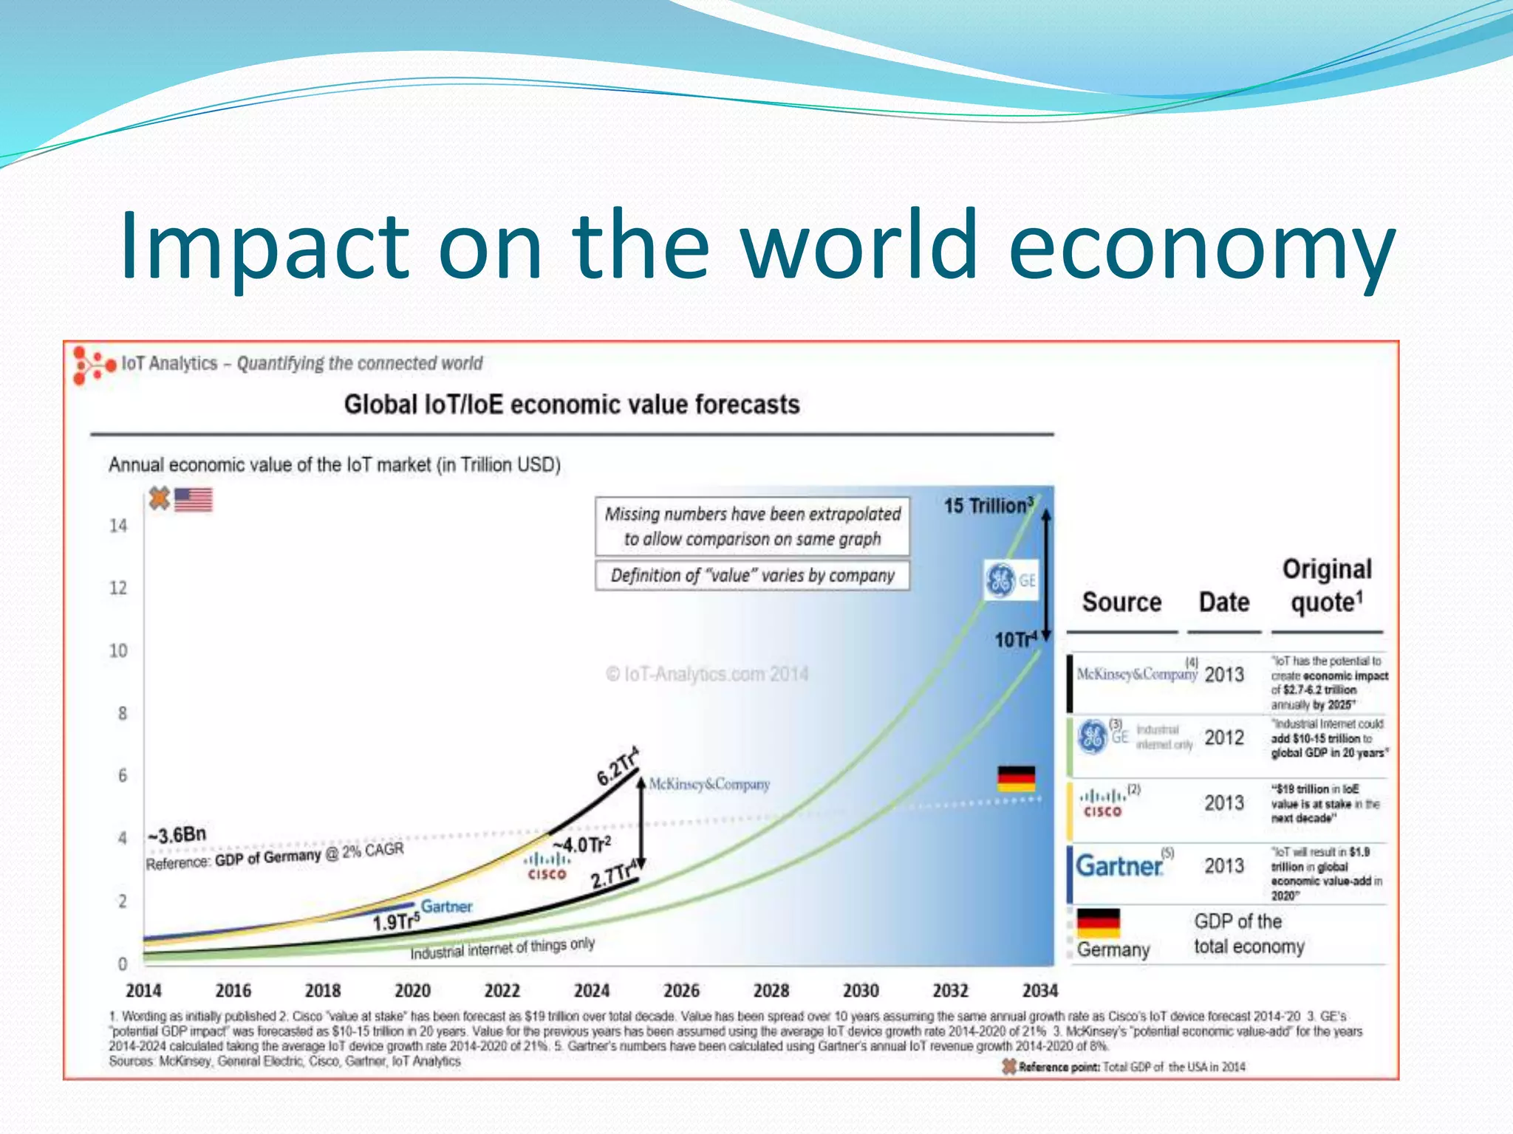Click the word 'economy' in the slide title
(1202, 247)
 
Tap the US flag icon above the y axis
(194, 500)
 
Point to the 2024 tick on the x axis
(591, 991)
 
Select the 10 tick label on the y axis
(118, 650)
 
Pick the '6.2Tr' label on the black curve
(618, 767)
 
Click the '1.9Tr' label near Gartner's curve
(395, 921)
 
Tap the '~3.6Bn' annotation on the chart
(177, 835)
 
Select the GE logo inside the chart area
(1010, 580)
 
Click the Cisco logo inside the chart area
(547, 866)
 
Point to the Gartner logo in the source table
(1119, 865)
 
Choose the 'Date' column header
(1223, 602)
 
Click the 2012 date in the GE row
(1224, 738)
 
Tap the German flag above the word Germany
(1098, 922)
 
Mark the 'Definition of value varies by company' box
(752, 575)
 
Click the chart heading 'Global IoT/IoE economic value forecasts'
(572, 405)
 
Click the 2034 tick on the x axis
(1039, 991)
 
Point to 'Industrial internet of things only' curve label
(502, 949)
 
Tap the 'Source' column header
(1121, 602)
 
